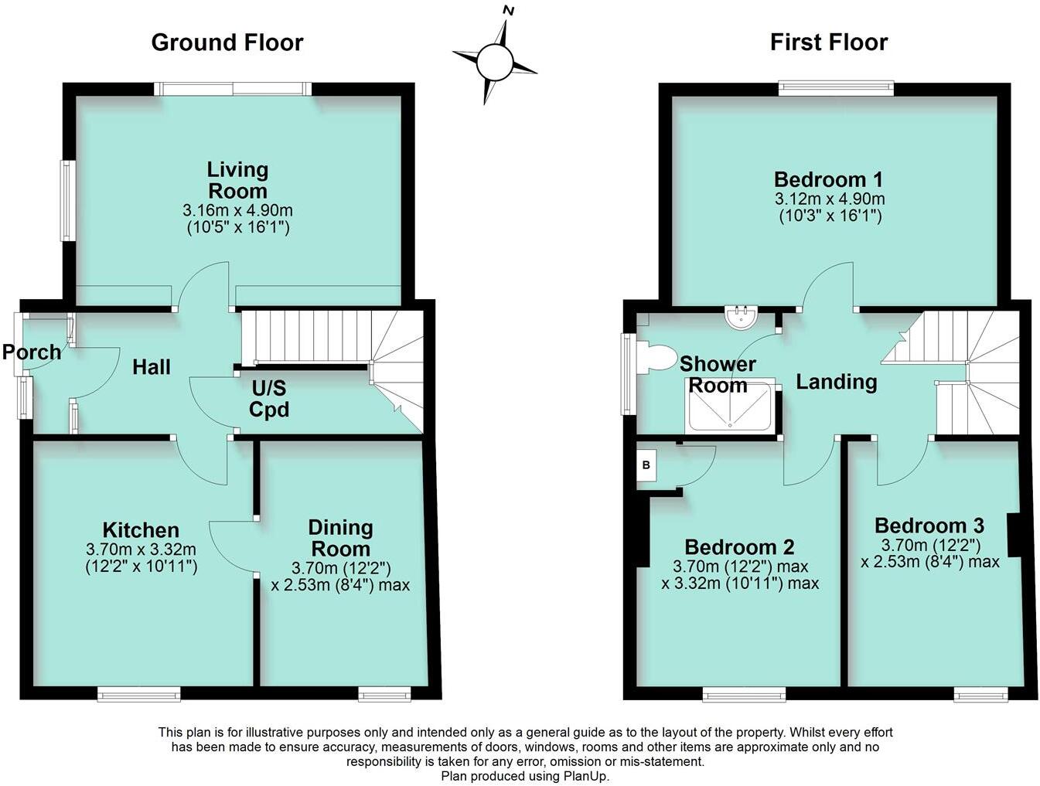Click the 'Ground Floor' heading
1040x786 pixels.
[x=227, y=42]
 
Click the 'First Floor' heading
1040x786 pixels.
[x=828, y=42]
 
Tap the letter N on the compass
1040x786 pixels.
[x=508, y=10]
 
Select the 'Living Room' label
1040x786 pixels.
[x=237, y=180]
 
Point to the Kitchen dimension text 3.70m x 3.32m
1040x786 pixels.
[x=141, y=550]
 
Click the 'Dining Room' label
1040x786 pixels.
[x=340, y=538]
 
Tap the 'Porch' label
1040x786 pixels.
[x=31, y=352]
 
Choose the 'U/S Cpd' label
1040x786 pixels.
[x=269, y=399]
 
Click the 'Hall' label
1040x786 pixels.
[x=152, y=367]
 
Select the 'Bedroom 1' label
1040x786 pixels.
[x=828, y=179]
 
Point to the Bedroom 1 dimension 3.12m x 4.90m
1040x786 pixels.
[x=829, y=199]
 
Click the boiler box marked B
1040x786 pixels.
[x=646, y=467]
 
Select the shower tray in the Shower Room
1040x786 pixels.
[x=728, y=407]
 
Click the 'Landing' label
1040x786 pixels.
[x=837, y=382]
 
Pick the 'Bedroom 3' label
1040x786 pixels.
[x=929, y=526]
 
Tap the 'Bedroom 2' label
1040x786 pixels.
[x=739, y=547]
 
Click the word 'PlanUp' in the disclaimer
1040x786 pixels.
[x=588, y=776]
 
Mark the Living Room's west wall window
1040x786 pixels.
[x=68, y=200]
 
